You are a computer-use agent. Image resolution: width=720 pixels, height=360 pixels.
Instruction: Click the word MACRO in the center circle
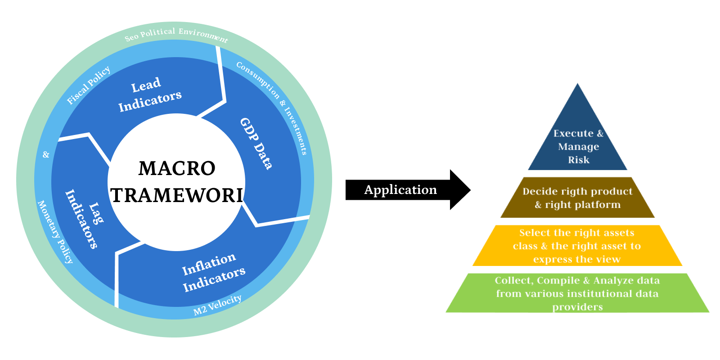click(x=177, y=169)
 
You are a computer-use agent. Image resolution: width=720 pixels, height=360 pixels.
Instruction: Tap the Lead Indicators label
click(x=149, y=95)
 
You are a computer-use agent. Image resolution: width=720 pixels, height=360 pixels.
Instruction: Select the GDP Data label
click(x=256, y=144)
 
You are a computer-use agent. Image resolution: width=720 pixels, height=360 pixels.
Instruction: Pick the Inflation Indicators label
click(x=213, y=272)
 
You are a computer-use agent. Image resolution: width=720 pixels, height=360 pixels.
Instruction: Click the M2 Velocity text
click(x=217, y=305)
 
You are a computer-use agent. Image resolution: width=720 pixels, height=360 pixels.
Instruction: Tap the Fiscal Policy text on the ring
click(x=88, y=85)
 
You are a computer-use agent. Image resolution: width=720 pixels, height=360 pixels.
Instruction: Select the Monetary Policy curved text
click(x=55, y=232)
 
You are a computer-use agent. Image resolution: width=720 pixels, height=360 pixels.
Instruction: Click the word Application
click(x=400, y=190)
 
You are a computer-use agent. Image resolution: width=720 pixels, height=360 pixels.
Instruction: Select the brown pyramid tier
click(x=578, y=198)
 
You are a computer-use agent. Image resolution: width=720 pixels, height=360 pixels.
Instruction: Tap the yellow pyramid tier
click(x=577, y=246)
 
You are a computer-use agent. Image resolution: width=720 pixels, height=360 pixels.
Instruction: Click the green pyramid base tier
click(x=577, y=293)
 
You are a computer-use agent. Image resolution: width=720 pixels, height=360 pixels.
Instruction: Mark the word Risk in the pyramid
click(x=579, y=160)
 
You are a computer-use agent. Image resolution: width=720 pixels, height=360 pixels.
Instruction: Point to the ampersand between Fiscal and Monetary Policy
click(x=46, y=155)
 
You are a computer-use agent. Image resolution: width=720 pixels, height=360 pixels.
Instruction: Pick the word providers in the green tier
click(x=577, y=307)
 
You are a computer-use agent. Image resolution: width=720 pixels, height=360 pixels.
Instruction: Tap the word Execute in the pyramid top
click(x=573, y=134)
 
